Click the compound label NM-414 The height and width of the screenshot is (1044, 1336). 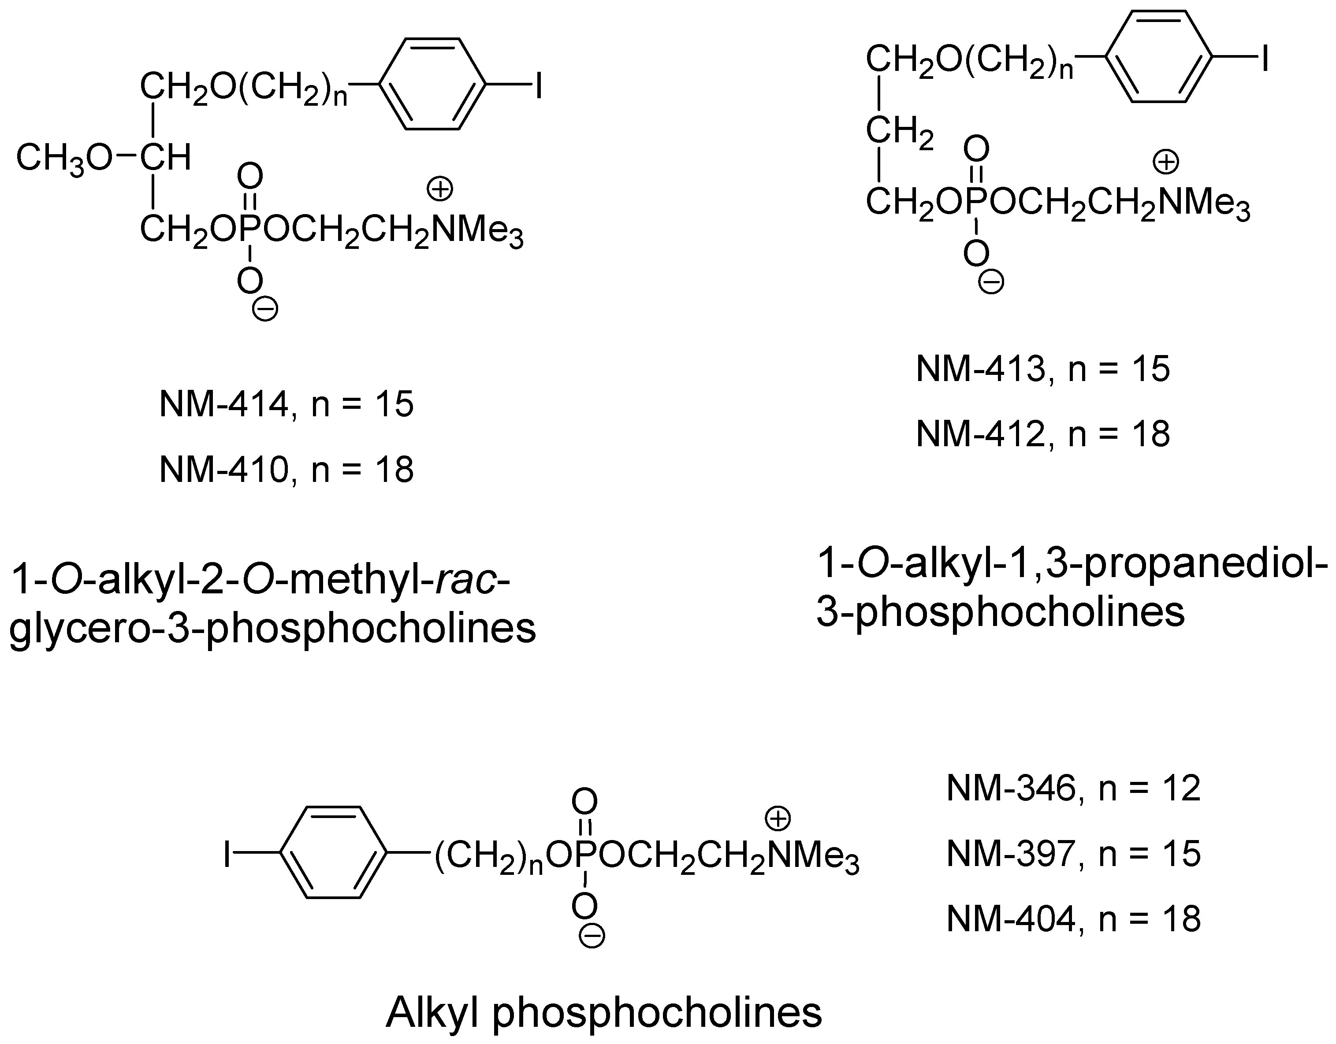[x=224, y=405]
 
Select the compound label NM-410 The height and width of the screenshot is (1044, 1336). [x=224, y=470]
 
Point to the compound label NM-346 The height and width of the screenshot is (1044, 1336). [x=1011, y=789]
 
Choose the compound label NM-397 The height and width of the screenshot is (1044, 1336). [x=1011, y=854]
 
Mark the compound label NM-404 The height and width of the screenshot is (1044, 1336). [x=1011, y=919]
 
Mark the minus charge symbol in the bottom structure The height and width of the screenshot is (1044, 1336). [x=592, y=936]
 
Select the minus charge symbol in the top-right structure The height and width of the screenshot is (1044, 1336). [x=992, y=282]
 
